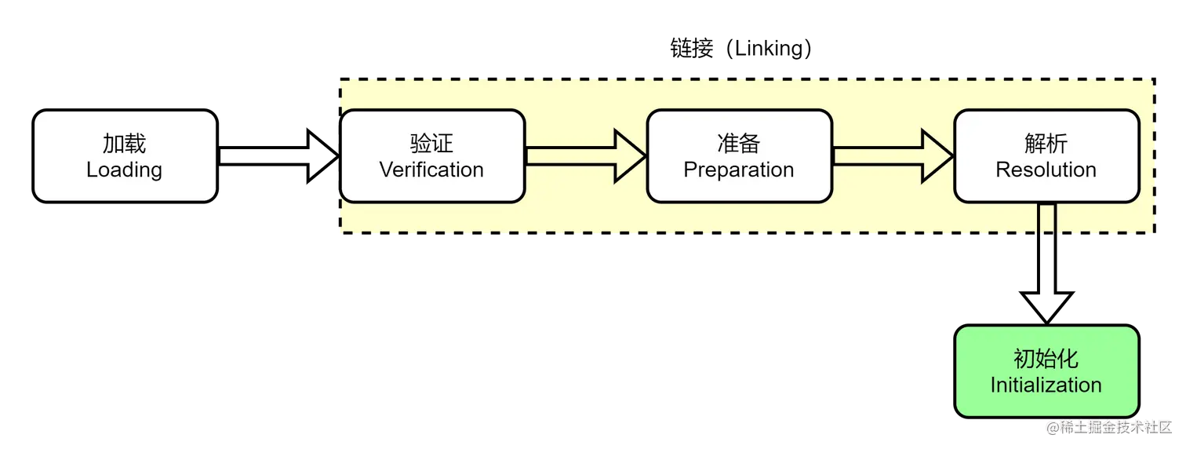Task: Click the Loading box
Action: (x=125, y=155)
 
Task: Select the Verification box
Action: (x=432, y=155)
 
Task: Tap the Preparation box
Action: (x=739, y=155)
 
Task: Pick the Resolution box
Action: (x=1046, y=155)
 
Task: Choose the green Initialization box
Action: (x=1046, y=371)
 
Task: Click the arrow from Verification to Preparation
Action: (x=585, y=155)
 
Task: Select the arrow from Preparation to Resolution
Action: (x=893, y=155)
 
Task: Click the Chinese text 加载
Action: (x=125, y=144)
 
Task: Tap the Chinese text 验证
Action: (x=432, y=144)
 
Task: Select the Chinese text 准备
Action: (x=739, y=144)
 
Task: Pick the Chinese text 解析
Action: (x=1046, y=144)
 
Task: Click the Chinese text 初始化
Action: (x=1046, y=360)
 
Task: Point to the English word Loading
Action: (x=125, y=170)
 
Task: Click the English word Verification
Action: (x=432, y=170)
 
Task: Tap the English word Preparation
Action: (x=739, y=170)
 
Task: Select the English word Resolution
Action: (x=1046, y=170)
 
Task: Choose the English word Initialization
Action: (x=1046, y=385)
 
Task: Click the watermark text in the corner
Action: (x=1108, y=426)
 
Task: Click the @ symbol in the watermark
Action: (x=1050, y=426)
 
